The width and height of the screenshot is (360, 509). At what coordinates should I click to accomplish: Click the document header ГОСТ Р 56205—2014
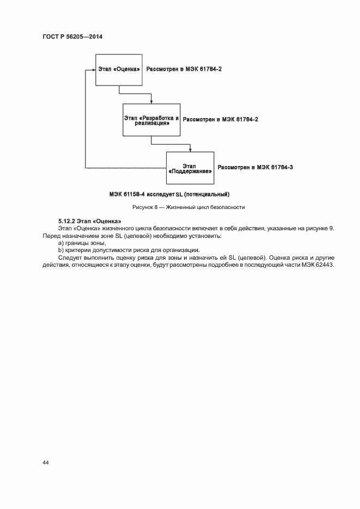coord(72,36)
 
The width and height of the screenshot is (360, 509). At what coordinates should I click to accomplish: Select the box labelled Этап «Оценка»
coord(119,70)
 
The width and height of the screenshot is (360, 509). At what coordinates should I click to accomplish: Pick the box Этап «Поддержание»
coord(190,168)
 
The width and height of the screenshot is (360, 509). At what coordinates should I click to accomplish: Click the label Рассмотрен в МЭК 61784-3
coord(255,168)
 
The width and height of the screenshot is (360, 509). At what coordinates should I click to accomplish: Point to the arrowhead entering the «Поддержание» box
coord(190,150)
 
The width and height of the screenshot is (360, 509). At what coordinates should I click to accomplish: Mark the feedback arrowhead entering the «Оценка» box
coord(94,70)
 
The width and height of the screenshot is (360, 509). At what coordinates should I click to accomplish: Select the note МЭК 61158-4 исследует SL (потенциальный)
coord(169,194)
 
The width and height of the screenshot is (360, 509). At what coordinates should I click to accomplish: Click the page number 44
coord(46,462)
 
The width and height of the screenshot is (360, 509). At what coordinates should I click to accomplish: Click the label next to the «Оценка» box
coord(185,70)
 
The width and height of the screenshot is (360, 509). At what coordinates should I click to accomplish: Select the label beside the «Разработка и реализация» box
coord(220,119)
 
